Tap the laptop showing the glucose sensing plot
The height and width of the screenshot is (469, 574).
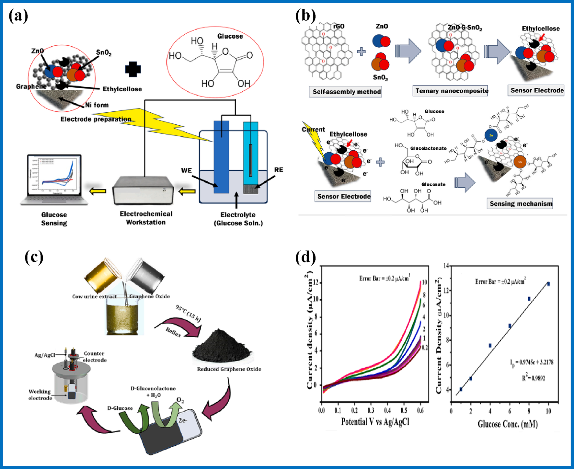tap(54, 180)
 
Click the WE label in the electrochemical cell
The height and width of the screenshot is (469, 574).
tap(186, 170)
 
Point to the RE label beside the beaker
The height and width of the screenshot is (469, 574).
tap(278, 170)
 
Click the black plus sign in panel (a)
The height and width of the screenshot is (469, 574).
tap(133, 69)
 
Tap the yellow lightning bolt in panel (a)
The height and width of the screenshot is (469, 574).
tap(152, 124)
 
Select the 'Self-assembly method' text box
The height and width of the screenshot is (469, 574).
tap(345, 92)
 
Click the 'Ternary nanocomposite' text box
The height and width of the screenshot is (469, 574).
tap(451, 91)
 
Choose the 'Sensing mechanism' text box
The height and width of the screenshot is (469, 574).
tap(520, 203)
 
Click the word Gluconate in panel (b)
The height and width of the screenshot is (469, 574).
tap(433, 184)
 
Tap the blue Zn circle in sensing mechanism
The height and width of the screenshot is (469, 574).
tap(491, 135)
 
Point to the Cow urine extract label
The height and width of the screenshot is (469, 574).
tap(94, 296)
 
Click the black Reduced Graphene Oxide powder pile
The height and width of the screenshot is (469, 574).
tap(222, 347)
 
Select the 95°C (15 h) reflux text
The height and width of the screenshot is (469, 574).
tap(188, 313)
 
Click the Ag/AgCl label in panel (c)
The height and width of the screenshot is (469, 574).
tap(45, 355)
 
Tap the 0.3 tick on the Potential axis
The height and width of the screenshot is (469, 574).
tap(371, 410)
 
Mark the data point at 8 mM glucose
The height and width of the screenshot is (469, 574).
tap(529, 299)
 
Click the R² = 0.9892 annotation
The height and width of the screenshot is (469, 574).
tap(533, 378)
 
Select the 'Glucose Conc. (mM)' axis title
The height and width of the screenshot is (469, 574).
tap(507, 424)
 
